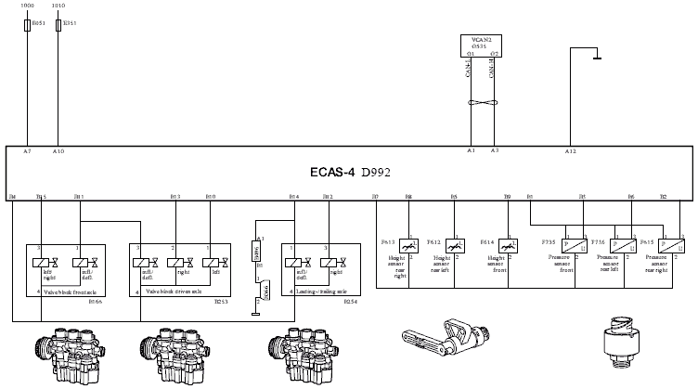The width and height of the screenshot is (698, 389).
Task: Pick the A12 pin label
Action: (x=570, y=150)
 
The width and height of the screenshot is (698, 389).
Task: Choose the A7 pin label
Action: (x=28, y=150)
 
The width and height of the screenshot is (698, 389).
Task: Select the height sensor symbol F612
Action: (x=454, y=246)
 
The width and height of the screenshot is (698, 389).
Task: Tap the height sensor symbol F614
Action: (x=507, y=246)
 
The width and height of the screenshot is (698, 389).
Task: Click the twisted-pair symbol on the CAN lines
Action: (x=483, y=101)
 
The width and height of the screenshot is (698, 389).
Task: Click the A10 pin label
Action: (x=58, y=150)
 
